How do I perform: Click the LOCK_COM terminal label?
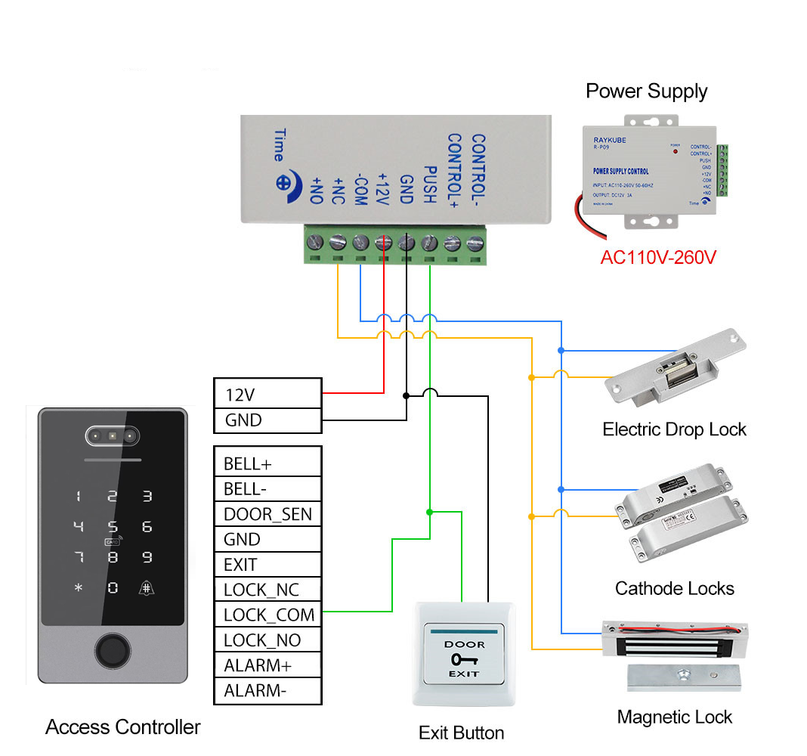click(268, 615)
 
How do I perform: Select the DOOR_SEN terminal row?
click(267, 515)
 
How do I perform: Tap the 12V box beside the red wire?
click(267, 395)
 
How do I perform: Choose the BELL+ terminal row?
click(267, 463)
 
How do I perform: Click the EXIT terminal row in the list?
click(267, 565)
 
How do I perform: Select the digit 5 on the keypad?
click(113, 527)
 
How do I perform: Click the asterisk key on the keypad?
click(78, 587)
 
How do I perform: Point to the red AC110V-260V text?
click(658, 257)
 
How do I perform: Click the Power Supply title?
click(646, 91)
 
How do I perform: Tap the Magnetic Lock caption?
click(674, 717)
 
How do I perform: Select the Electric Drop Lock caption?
click(674, 429)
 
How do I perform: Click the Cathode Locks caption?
click(674, 588)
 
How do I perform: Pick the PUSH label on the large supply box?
click(428, 184)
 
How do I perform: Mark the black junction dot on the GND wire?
click(406, 395)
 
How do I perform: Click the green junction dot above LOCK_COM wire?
click(429, 512)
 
